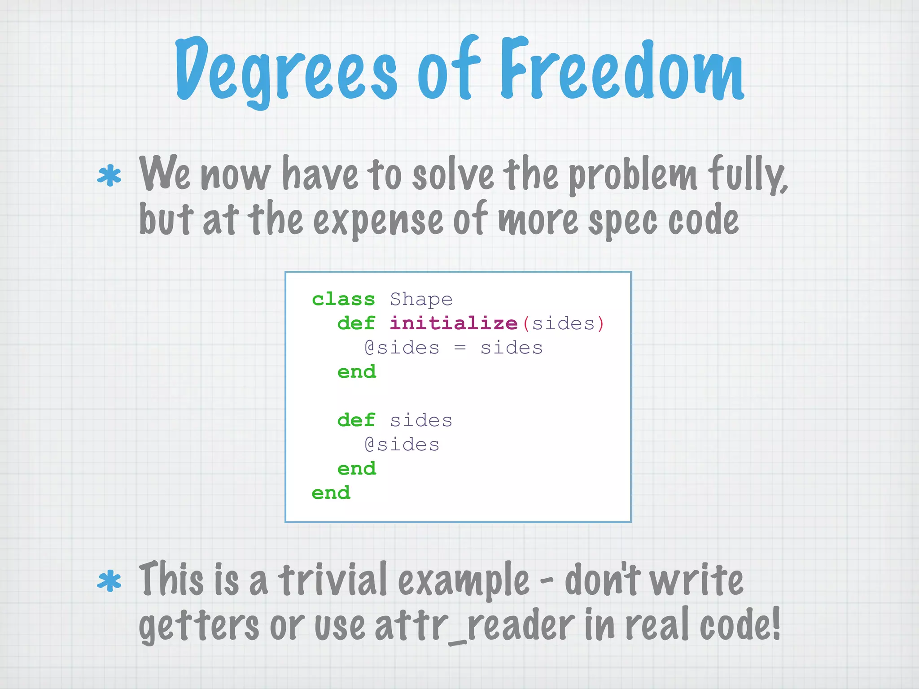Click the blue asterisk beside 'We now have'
pyautogui.click(x=109, y=176)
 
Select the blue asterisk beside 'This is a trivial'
pyautogui.click(x=109, y=581)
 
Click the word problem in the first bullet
pyautogui.click(x=633, y=176)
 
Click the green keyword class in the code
pyautogui.click(x=343, y=299)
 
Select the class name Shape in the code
pyautogui.click(x=421, y=299)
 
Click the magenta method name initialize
pyautogui.click(x=454, y=323)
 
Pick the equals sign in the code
pyautogui.click(x=460, y=348)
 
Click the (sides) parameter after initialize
pyautogui.click(x=564, y=323)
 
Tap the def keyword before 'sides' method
pyautogui.click(x=356, y=420)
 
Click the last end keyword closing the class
pyautogui.click(x=331, y=493)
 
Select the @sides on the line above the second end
pyautogui.click(x=402, y=445)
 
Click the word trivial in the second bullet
pyautogui.click(x=333, y=580)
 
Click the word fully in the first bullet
pyautogui.click(x=747, y=175)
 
